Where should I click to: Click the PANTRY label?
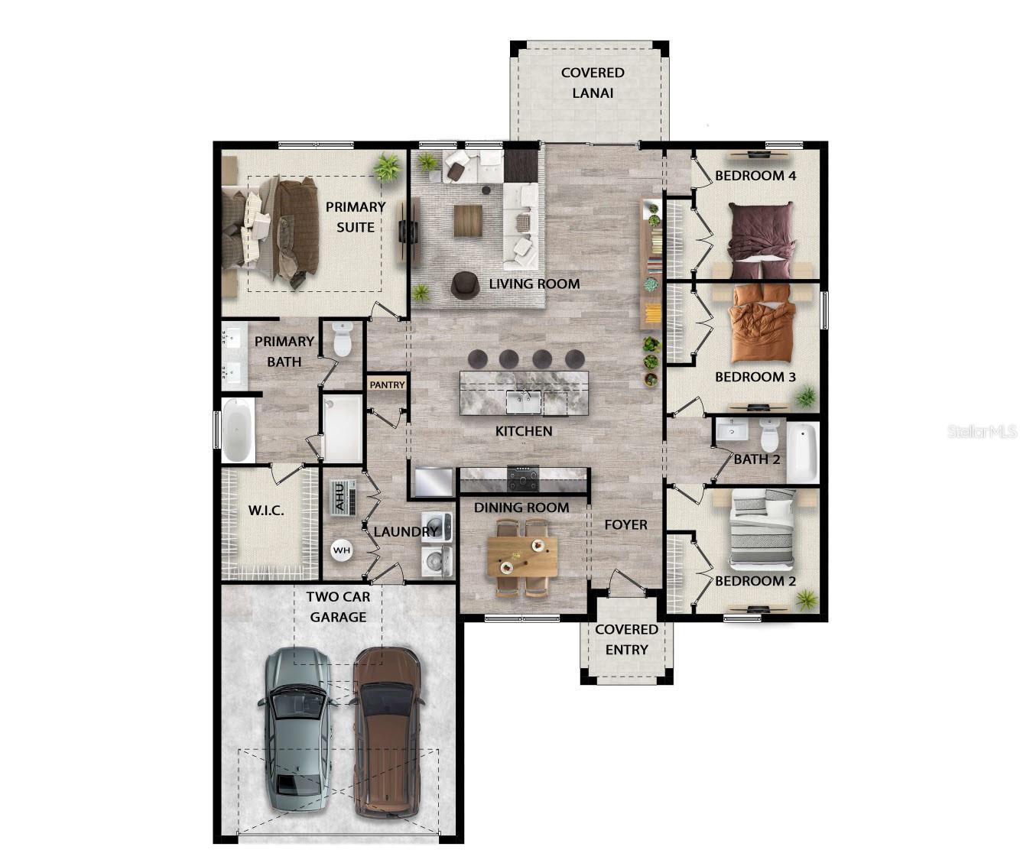[x=387, y=384]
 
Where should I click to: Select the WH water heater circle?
[x=341, y=550]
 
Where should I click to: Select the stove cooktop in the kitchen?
[x=523, y=479]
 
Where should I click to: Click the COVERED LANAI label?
[x=593, y=83]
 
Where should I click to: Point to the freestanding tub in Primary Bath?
[x=238, y=430]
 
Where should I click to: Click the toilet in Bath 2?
[x=769, y=435]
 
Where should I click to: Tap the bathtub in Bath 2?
[x=802, y=452]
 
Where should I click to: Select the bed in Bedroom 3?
[x=762, y=325]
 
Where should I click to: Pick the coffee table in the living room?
[x=467, y=221]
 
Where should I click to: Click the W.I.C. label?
[x=265, y=510]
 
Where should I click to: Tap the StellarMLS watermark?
[x=982, y=432]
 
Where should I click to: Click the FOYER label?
[x=625, y=524]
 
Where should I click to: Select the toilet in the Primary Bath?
[x=343, y=339]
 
